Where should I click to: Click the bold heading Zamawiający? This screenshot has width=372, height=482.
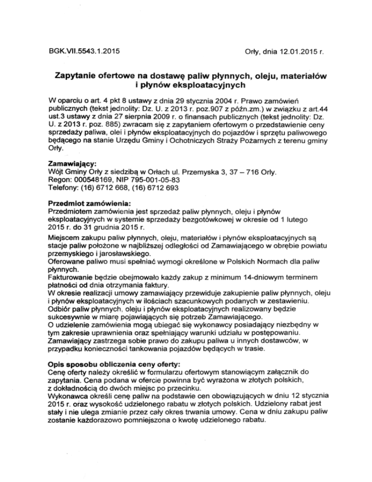(x=77, y=163)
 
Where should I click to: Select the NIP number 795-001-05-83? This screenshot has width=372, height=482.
(x=159, y=180)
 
